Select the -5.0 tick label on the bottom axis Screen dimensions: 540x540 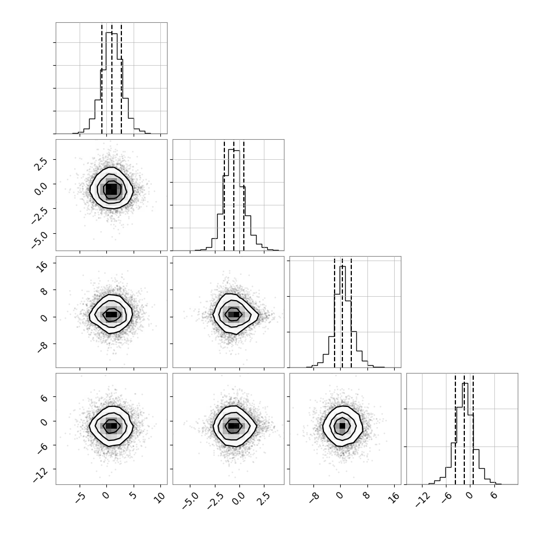coord(190,500)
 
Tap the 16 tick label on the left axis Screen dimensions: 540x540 coord(42,267)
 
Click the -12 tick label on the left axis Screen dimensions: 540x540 coord(41,475)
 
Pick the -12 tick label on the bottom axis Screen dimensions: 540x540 coord(423,500)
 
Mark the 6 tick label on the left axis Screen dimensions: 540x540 coord(44,396)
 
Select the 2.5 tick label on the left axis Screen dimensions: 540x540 coord(40,165)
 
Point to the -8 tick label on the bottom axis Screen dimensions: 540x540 coord(314,498)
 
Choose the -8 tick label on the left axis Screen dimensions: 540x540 coord(42,348)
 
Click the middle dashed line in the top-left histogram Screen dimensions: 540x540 coord(111,79)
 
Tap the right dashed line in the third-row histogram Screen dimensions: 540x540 coord(351,313)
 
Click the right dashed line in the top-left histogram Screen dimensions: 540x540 coord(121,79)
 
